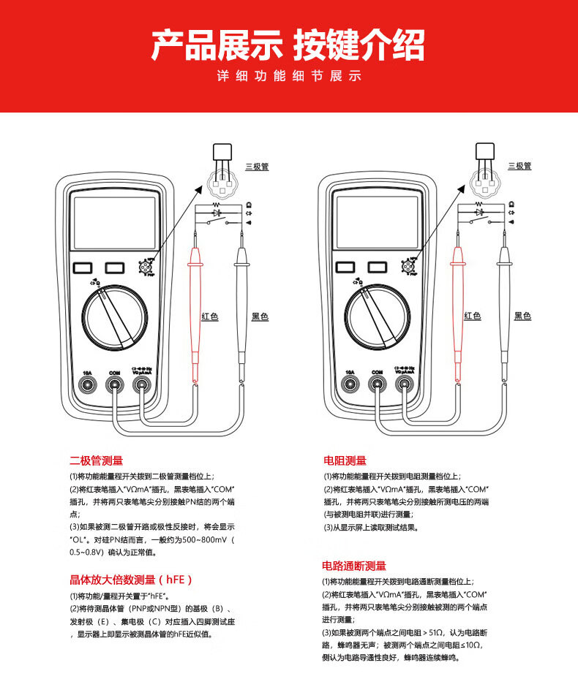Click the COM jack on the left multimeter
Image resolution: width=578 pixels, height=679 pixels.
(114, 382)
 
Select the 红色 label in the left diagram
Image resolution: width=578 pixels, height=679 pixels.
(210, 316)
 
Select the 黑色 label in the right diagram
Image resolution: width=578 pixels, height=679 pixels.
(522, 316)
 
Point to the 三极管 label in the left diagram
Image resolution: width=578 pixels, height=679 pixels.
(257, 167)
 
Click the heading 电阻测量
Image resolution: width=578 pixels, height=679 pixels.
(345, 460)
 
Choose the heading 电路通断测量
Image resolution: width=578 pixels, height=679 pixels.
(354, 566)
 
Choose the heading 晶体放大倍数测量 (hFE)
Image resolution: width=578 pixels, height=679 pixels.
(131, 580)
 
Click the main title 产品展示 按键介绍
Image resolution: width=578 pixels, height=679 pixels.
(288, 45)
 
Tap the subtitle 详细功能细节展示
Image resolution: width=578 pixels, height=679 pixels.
(289, 77)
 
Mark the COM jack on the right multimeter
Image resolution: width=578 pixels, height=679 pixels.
(377, 382)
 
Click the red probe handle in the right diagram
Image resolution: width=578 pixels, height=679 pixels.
(459, 307)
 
